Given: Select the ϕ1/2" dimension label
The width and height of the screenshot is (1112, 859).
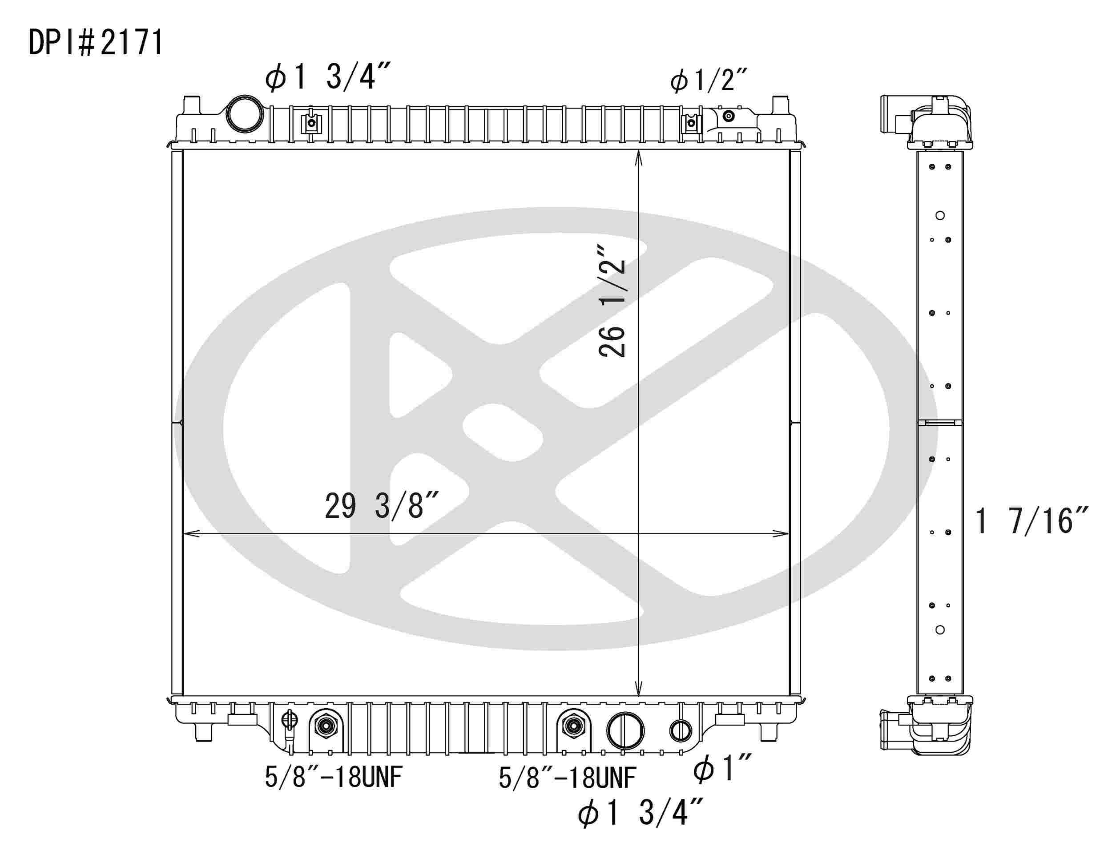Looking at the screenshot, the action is [x=708, y=81].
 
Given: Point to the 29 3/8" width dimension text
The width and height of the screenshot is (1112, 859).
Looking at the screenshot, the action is [x=381, y=506].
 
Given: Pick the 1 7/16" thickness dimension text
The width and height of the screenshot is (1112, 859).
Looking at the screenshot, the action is [x=1031, y=521].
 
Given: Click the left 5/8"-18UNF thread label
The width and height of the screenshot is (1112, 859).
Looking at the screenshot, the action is [x=334, y=778].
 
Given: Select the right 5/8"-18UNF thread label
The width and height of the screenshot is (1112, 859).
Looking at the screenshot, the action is [x=567, y=778].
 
